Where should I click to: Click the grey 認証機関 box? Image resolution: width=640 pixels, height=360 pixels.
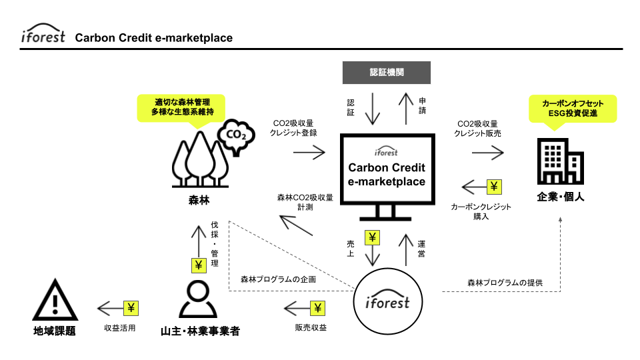click(x=387, y=73)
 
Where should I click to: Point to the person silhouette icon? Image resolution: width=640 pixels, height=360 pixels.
click(x=199, y=299)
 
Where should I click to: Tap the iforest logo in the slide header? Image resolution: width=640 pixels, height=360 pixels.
click(x=43, y=36)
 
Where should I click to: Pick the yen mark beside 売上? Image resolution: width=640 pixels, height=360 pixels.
click(x=372, y=237)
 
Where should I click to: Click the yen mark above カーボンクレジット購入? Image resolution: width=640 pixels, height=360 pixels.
click(x=494, y=186)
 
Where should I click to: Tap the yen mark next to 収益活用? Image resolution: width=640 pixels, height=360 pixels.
click(x=131, y=308)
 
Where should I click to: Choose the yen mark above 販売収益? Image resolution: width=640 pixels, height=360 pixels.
click(x=317, y=308)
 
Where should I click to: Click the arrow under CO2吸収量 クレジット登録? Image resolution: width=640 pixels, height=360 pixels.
click(x=309, y=153)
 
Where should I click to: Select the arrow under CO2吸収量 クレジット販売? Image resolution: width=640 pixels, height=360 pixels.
click(x=487, y=153)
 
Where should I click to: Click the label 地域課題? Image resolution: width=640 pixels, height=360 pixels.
click(x=54, y=331)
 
